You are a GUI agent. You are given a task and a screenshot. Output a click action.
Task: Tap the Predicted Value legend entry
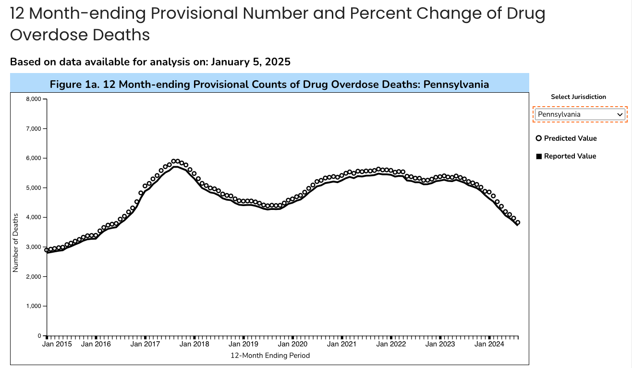pyautogui.click(x=566, y=138)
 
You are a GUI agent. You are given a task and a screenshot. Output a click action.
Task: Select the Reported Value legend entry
pyautogui.click(x=566, y=156)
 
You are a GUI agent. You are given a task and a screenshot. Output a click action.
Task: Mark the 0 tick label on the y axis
pyautogui.click(x=40, y=336)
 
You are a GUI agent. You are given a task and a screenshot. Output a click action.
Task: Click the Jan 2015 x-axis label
pyautogui.click(x=57, y=344)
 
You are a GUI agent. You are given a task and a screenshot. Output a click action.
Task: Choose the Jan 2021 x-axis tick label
pyautogui.click(x=341, y=344)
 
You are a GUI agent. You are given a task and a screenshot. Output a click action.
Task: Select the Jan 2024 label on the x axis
pyautogui.click(x=489, y=344)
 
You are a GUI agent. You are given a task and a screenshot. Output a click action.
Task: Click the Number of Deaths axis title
pyautogui.click(x=15, y=243)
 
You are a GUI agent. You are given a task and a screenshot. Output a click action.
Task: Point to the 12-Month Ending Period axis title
pyautogui.click(x=270, y=356)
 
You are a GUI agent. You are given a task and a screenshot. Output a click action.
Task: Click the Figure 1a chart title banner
pyautogui.click(x=269, y=85)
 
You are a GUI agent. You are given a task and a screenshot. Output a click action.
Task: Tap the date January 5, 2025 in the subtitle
pyautogui.click(x=250, y=61)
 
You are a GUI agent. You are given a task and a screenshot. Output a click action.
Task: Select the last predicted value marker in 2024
pyautogui.click(x=518, y=222)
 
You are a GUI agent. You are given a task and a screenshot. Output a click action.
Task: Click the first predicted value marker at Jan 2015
pyautogui.click(x=47, y=250)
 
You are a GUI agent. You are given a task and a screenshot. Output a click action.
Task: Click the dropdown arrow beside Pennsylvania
pyautogui.click(x=620, y=114)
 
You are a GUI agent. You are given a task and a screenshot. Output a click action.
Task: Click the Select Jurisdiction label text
pyautogui.click(x=578, y=97)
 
